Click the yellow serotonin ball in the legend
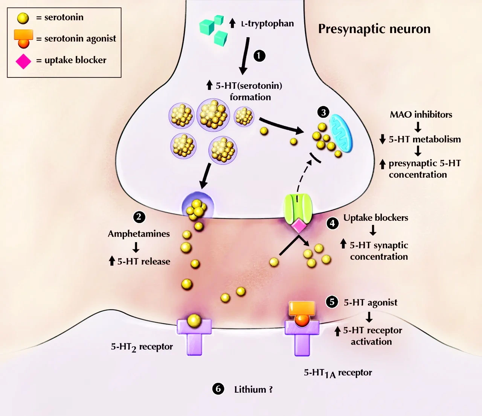coord(23,18)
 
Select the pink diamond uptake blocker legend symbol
coord(23,61)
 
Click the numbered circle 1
coord(259,56)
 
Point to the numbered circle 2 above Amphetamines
coord(139,217)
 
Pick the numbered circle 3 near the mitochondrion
coord(323,112)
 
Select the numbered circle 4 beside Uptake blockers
coord(332,223)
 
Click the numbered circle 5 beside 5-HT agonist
coord(332,302)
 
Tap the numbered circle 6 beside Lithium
coord(218,389)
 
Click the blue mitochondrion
coord(341,134)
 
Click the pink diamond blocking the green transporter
coord(299,226)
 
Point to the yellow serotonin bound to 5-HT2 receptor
coord(194,320)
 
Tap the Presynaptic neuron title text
coord(374,29)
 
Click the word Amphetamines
coord(139,234)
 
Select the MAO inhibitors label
coord(421,115)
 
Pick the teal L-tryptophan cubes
coord(213,29)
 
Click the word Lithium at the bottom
coord(250,390)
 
